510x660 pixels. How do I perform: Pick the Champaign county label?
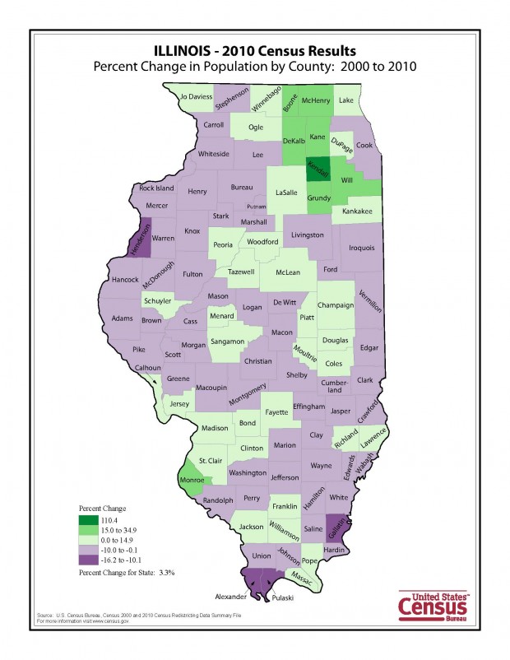click(x=336, y=305)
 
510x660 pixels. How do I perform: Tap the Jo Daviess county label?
click(x=196, y=97)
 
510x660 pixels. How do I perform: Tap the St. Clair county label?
click(x=211, y=460)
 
